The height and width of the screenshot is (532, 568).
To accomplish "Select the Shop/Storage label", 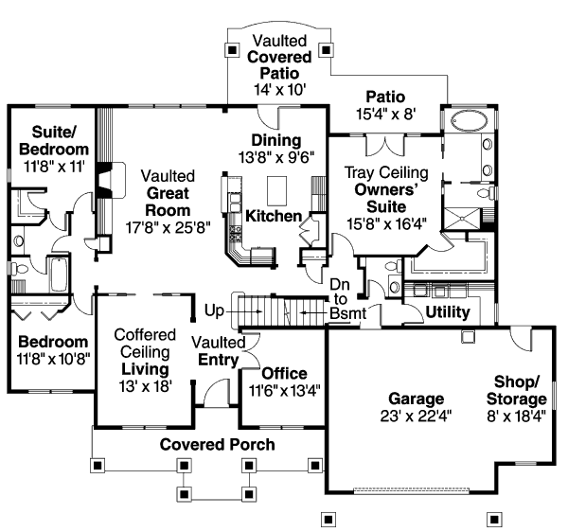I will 517,389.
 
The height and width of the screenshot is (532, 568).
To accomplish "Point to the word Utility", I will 449,311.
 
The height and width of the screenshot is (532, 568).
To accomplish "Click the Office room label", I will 284,373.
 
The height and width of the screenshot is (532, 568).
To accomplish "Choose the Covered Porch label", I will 217,444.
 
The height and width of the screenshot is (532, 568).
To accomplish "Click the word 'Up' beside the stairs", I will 215,310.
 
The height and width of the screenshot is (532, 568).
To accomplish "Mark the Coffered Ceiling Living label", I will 145,351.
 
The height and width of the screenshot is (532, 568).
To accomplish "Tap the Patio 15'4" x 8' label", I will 384,105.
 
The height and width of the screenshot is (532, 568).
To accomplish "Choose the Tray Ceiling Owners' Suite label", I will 385,199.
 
